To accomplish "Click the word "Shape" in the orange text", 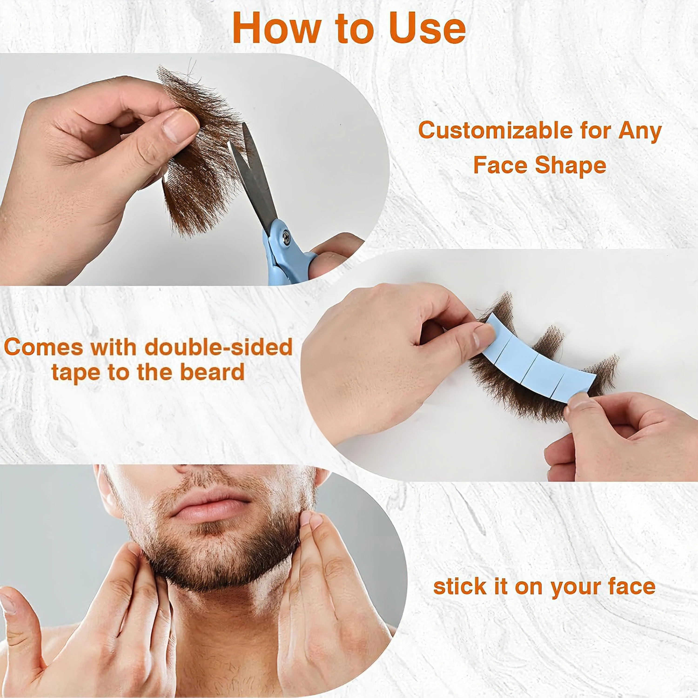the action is [x=570, y=166].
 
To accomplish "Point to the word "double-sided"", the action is [x=218, y=348].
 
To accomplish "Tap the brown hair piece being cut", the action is [x=202, y=152].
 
